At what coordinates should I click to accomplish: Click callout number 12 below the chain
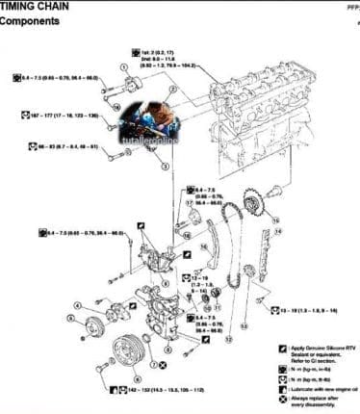coord(227,339)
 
